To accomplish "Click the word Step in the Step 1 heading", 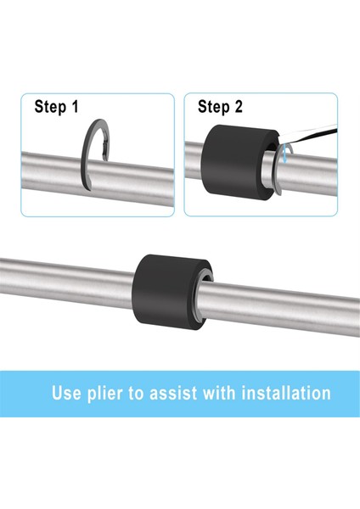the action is pos(50,107).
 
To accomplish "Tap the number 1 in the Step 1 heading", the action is pos(75,106).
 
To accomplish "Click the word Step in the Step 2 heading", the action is pos(214,107).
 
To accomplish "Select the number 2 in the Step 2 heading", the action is pos(239,106).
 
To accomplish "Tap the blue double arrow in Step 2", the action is pos(284,154).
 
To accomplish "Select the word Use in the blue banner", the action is pos(66,393).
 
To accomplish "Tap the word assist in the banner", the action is pos(173,393).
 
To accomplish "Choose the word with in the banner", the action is pos(219,393).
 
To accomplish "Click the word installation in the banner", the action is pos(286,393).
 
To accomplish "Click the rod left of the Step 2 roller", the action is pos(193,159).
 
